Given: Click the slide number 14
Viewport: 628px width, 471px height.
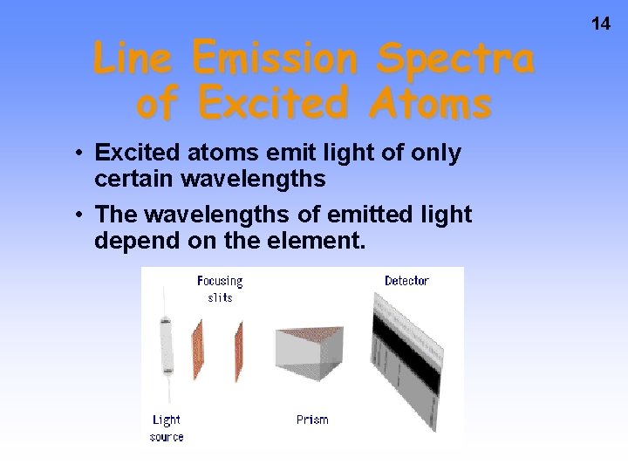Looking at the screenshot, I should point(601,24).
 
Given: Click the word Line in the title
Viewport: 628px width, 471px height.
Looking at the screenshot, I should point(136,59).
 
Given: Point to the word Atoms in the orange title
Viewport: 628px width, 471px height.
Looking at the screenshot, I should point(430,104).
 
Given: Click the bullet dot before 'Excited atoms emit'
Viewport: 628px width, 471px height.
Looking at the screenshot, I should point(78,154).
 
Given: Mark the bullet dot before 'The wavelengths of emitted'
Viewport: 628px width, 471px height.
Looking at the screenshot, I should point(78,215).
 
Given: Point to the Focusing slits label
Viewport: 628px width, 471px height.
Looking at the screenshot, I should point(220,289).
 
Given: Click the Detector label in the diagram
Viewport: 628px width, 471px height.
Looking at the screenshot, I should point(406,281).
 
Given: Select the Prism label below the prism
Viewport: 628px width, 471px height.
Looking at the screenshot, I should point(312,420).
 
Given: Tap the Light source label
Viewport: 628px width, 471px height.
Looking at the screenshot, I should point(167,427).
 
